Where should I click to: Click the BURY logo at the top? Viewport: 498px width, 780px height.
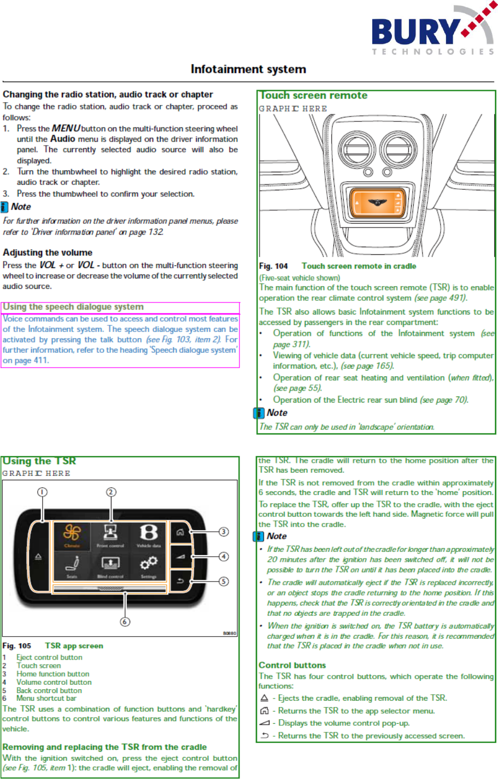(432, 32)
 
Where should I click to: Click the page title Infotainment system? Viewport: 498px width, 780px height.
(248, 69)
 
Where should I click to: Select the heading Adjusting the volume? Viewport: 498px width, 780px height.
(48, 253)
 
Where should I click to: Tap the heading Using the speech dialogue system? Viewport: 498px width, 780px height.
(73, 307)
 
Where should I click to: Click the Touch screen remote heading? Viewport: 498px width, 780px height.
(314, 96)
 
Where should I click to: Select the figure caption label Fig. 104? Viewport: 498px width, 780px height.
(273, 266)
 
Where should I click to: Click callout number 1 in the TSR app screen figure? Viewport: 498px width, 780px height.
(42, 492)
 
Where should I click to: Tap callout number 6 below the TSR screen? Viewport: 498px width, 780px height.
(125, 621)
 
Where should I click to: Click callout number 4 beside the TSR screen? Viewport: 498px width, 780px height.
(224, 557)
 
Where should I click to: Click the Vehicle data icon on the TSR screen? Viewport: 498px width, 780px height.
(149, 534)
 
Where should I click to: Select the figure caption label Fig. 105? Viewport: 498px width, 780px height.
(16, 646)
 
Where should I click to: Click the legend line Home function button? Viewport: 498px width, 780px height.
(52, 674)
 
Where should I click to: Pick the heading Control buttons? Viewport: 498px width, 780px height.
(292, 665)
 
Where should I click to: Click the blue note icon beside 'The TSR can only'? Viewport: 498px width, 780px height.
(259, 413)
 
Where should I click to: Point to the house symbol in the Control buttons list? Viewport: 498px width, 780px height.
(265, 711)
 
